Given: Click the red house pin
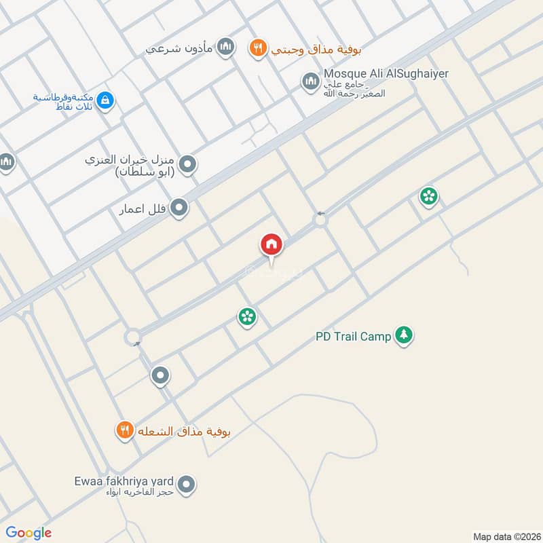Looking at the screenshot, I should [271, 244].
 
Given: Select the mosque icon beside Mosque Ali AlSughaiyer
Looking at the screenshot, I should [311, 81].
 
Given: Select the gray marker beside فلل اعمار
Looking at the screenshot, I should [179, 207].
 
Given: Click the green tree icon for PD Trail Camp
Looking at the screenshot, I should [405, 335].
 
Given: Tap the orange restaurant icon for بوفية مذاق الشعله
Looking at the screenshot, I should [124, 430].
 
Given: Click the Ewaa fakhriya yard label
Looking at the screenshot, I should [125, 481].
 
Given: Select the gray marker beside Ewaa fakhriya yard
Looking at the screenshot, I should [188, 485].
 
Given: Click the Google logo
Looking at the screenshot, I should [29, 533].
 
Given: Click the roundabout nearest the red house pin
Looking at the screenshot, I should [320, 219].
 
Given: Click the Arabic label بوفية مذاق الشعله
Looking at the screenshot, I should [185, 432].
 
